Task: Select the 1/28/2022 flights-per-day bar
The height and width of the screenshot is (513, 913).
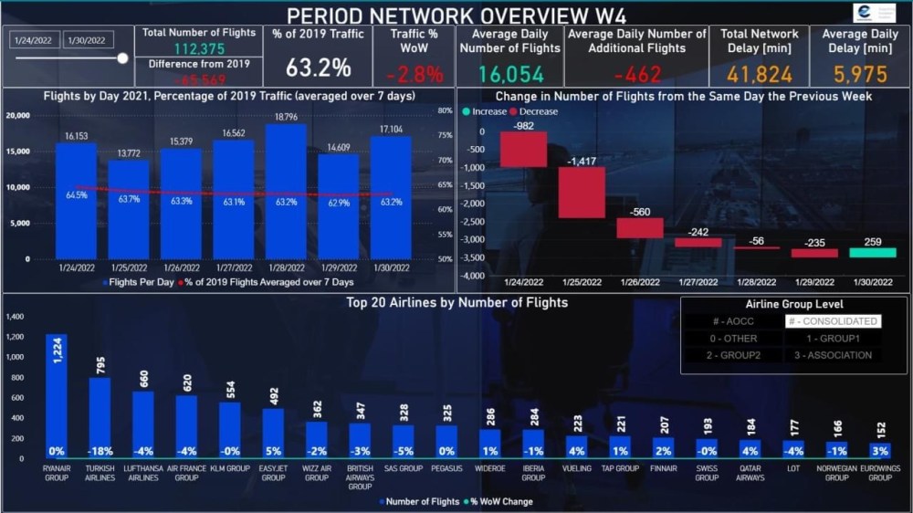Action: point(286,192)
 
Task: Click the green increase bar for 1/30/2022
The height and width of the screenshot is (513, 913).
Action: point(872,252)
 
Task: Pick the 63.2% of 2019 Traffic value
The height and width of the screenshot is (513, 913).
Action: point(318,68)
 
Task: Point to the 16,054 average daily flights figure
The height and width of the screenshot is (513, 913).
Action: point(509,74)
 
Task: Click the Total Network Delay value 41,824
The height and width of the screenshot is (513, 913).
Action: point(760,74)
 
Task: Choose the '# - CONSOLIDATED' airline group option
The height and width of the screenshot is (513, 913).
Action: point(833,321)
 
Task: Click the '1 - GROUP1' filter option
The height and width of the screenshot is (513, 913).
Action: point(832,339)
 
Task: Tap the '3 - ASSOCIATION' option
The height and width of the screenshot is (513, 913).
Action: point(832,355)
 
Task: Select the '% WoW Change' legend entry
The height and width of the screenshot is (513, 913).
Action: point(501,501)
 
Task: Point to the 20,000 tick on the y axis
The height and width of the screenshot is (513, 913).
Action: point(19,116)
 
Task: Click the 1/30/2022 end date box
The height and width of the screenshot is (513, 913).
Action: point(89,39)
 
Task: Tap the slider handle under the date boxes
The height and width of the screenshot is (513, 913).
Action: point(122,58)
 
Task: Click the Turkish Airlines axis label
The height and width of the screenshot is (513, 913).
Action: point(100,473)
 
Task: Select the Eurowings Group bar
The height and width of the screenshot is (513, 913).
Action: point(880,449)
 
